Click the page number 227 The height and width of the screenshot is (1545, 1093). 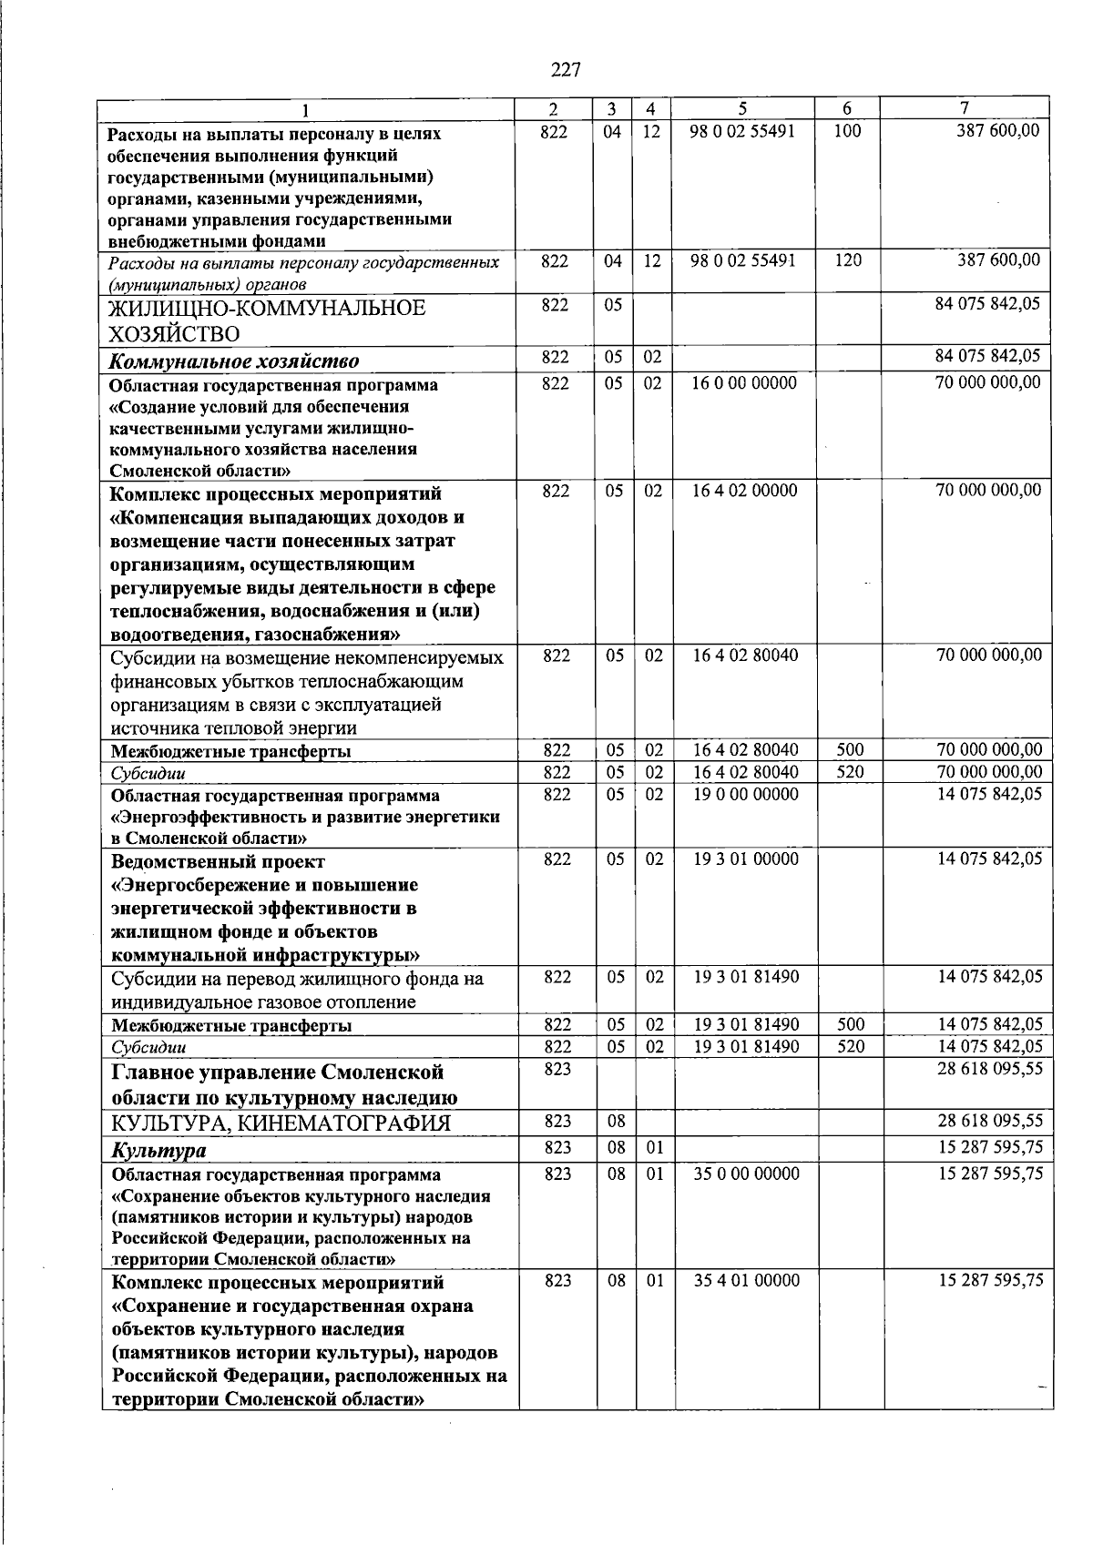coord(565,69)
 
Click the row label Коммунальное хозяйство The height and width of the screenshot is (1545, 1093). coord(234,361)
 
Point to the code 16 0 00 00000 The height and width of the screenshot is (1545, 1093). coord(743,383)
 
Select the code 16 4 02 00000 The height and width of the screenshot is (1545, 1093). coord(743,492)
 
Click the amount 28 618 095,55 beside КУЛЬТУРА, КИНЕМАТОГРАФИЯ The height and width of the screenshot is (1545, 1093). coord(990,1122)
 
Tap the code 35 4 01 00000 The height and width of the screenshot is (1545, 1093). coord(746,1281)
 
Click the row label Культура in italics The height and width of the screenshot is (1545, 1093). coord(158,1151)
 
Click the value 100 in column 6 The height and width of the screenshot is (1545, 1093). coord(847,131)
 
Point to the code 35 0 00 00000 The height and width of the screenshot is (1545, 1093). coord(746,1174)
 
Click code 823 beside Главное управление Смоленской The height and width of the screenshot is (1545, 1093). coord(557,1069)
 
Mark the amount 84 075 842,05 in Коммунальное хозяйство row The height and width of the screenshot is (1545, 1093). coord(987,357)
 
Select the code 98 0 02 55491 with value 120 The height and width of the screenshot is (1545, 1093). coord(742,261)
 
